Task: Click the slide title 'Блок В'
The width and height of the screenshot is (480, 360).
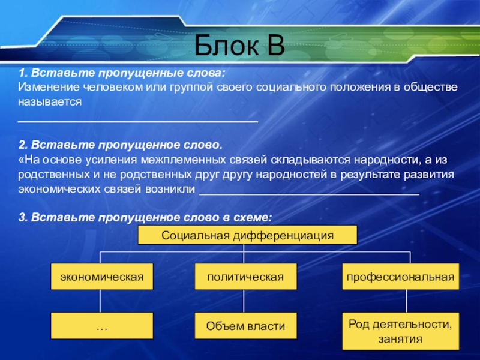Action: point(240,44)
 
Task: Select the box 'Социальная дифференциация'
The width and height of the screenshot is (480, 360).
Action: point(247,235)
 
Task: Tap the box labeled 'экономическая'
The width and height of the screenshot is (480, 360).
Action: point(101,277)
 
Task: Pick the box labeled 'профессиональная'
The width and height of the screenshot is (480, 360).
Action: point(398,277)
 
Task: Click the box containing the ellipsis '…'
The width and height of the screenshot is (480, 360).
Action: point(101,326)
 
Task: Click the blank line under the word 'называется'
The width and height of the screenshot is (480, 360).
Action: point(138,121)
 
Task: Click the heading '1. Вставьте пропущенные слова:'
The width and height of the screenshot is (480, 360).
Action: point(122,73)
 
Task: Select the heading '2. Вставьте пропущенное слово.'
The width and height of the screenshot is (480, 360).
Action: point(120,146)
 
